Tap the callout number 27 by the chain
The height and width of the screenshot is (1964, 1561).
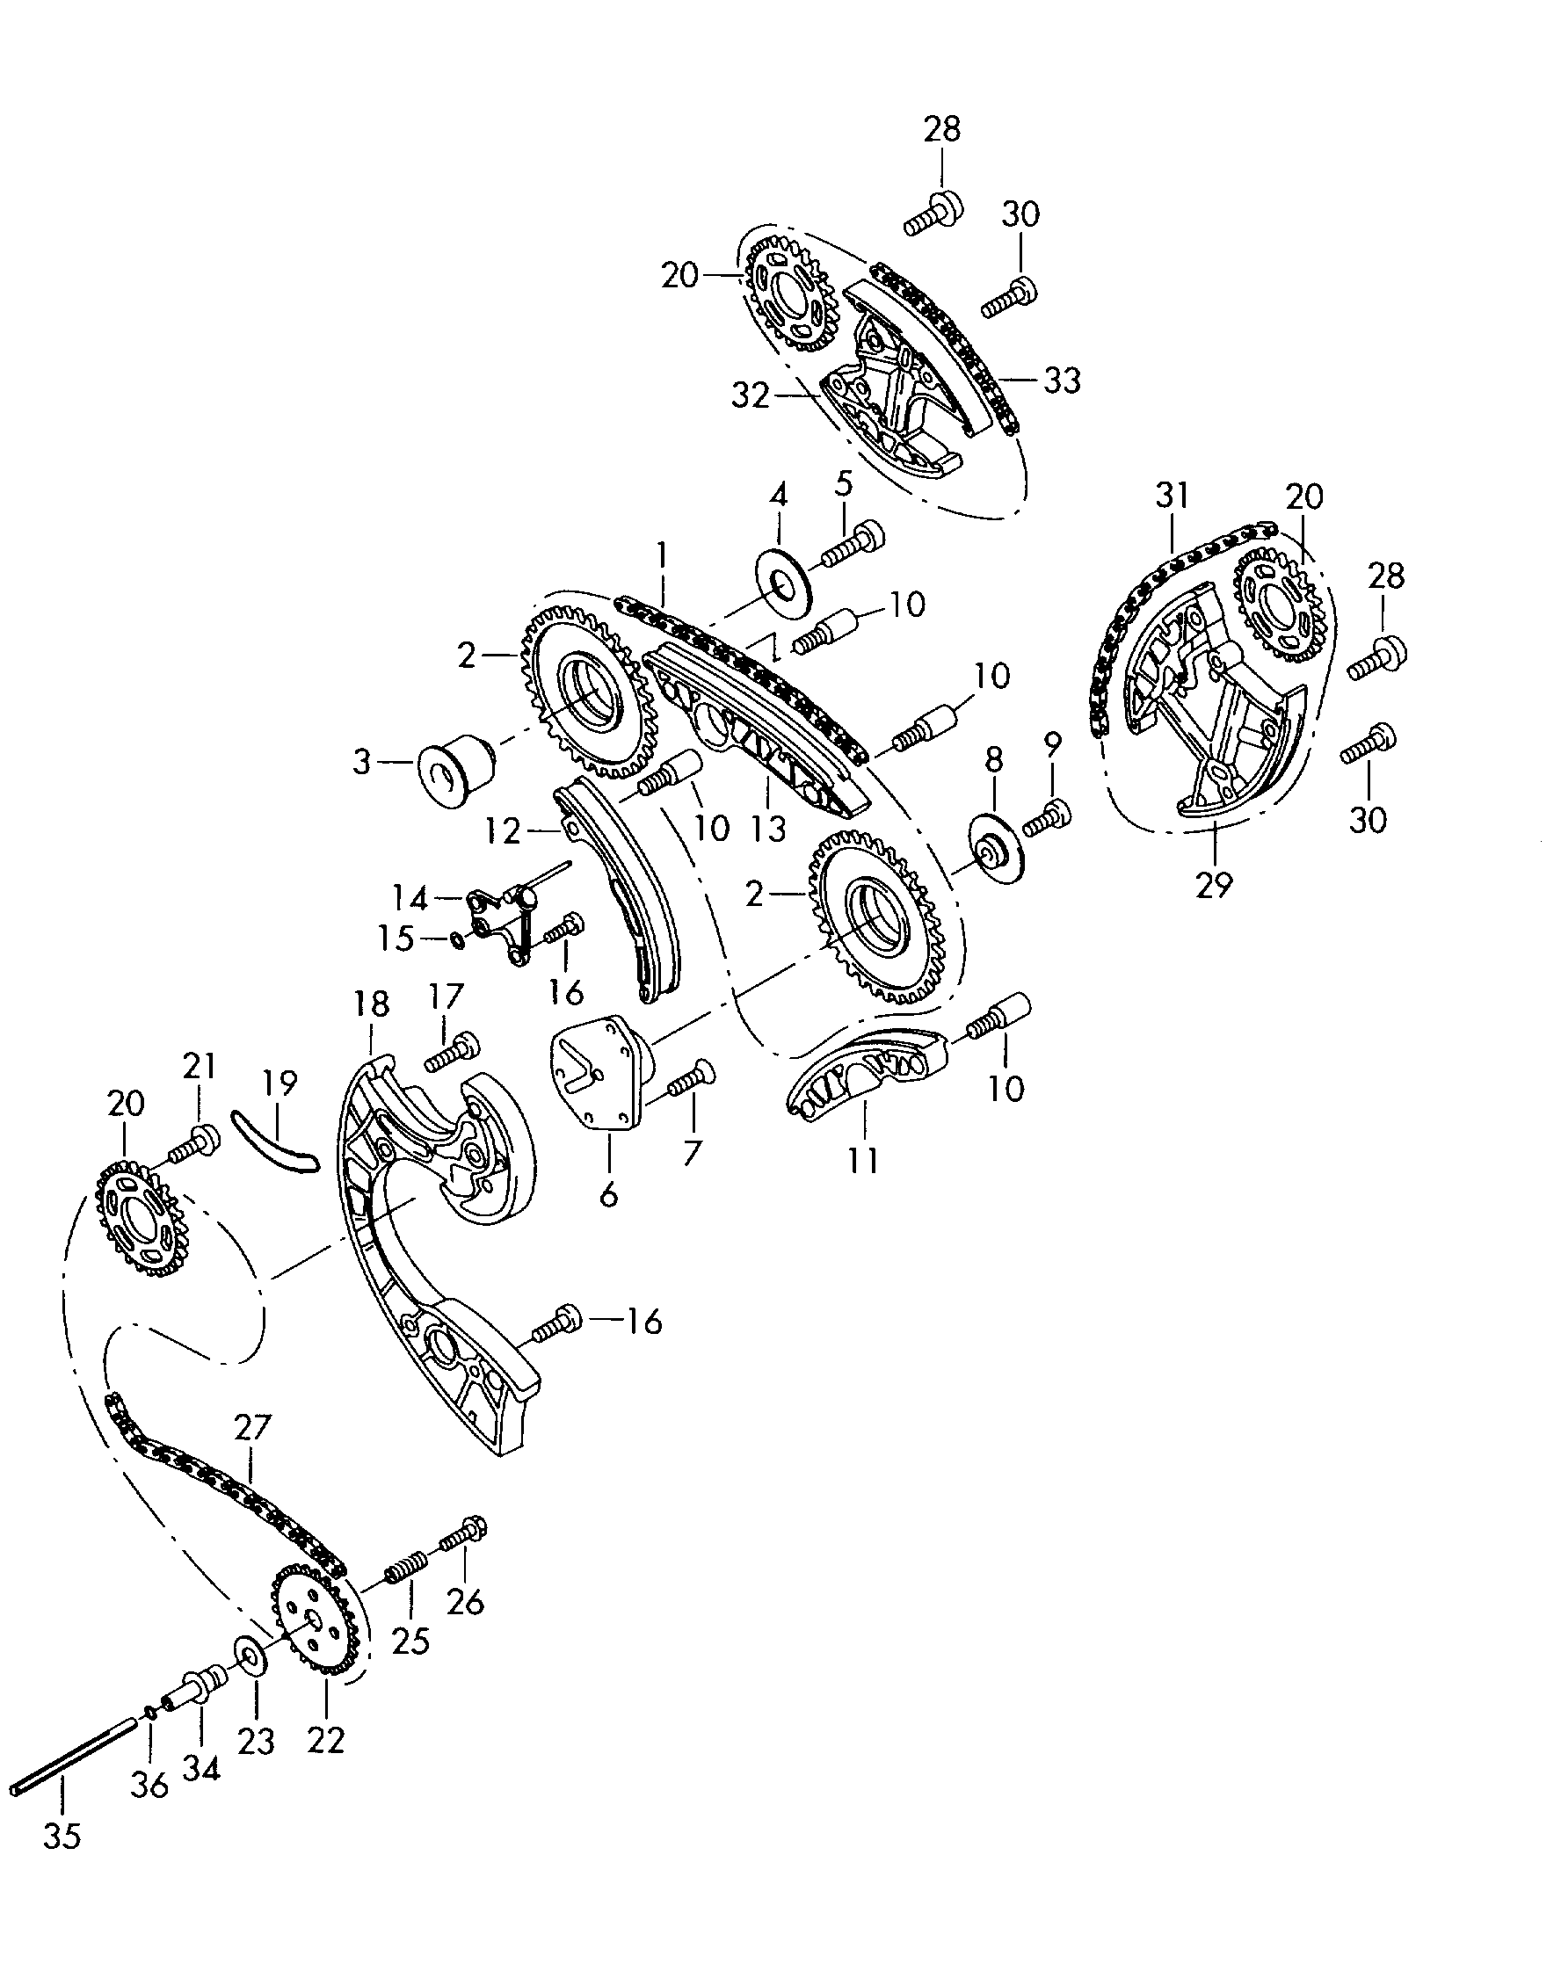pyautogui.click(x=252, y=1425)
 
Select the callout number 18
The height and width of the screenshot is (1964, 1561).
pyautogui.click(x=371, y=1004)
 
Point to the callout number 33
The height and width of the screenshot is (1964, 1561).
pyautogui.click(x=1062, y=380)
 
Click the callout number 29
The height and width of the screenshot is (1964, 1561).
pyautogui.click(x=1214, y=884)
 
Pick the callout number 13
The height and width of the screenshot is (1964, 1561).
pyautogui.click(x=768, y=828)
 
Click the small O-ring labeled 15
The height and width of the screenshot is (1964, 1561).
pyautogui.click(x=458, y=939)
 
